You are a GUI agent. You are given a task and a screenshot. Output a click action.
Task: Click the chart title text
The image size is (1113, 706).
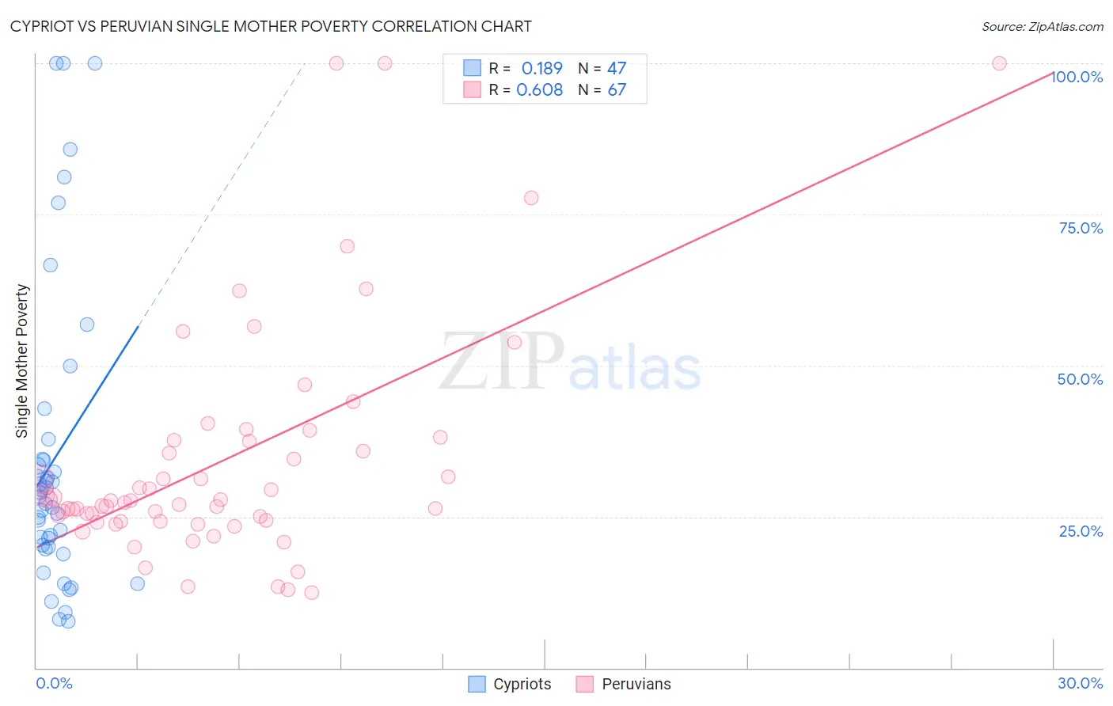271,26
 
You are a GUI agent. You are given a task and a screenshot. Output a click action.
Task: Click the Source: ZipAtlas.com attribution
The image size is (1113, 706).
1042,26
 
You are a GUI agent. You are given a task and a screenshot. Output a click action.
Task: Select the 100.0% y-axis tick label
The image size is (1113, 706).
1077,77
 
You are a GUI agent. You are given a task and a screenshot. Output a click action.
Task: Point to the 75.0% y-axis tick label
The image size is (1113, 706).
1081,228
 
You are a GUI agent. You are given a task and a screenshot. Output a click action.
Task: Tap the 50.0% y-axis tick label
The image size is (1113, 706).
1080,379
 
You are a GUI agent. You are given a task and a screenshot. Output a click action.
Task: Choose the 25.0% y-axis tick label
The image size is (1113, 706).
1081,530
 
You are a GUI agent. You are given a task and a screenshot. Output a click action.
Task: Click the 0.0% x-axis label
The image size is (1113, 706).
54,683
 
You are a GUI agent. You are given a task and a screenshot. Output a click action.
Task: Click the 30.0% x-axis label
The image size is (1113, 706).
1080,683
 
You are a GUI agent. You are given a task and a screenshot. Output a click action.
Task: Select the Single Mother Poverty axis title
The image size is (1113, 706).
22,361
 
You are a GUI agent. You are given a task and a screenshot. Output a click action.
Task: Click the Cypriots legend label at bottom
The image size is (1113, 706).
522,684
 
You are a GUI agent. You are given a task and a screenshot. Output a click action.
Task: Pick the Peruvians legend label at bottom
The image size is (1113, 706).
636,684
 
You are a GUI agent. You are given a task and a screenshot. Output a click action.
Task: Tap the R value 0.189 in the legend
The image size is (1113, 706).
541,68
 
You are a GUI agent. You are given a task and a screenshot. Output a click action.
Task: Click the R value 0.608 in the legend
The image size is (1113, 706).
539,89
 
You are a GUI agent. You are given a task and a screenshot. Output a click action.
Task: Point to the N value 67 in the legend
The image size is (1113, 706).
617,89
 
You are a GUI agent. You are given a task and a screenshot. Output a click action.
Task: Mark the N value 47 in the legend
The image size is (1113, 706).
617,68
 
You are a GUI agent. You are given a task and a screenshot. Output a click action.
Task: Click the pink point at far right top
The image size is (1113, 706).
999,63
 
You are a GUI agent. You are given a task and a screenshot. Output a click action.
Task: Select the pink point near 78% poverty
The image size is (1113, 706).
531,198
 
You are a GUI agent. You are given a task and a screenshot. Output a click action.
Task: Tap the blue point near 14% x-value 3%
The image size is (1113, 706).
137,583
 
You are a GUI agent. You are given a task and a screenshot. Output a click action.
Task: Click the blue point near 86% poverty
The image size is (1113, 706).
70,150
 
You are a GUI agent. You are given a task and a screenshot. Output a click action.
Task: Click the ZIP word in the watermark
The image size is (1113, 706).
502,362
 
